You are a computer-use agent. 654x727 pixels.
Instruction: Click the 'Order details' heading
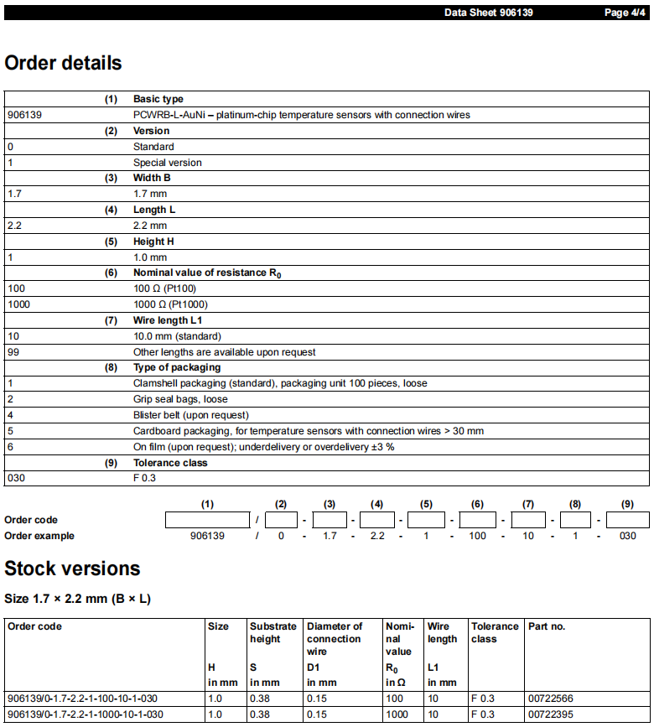(x=63, y=63)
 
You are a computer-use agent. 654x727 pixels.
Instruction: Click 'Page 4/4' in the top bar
(x=624, y=13)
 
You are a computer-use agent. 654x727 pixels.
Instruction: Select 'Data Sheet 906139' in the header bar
(x=488, y=13)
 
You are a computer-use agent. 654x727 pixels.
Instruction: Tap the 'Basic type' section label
(x=158, y=99)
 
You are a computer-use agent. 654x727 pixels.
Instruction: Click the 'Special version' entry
(x=167, y=163)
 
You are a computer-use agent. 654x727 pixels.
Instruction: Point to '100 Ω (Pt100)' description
(x=165, y=288)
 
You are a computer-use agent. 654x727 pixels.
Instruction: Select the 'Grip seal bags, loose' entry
(x=180, y=399)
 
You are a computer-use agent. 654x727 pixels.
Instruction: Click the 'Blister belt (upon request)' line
(x=190, y=415)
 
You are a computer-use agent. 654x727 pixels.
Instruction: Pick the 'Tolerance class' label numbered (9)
(x=170, y=463)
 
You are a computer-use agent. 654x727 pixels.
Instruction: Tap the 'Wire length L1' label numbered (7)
(x=168, y=320)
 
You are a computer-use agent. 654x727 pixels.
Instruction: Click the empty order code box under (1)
(x=208, y=520)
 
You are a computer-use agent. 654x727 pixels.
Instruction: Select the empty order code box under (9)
(x=628, y=520)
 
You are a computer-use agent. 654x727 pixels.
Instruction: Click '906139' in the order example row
(x=208, y=536)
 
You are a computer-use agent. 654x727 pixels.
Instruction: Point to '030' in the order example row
(x=627, y=536)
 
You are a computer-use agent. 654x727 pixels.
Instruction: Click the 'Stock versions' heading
(x=72, y=569)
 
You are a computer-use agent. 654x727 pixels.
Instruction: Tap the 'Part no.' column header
(x=547, y=626)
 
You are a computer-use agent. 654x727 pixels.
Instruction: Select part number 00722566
(x=550, y=698)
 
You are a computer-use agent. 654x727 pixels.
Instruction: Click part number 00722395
(x=550, y=714)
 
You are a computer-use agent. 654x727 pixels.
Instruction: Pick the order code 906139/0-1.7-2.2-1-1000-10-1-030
(x=85, y=714)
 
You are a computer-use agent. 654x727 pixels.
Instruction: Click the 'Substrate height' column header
(x=273, y=632)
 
